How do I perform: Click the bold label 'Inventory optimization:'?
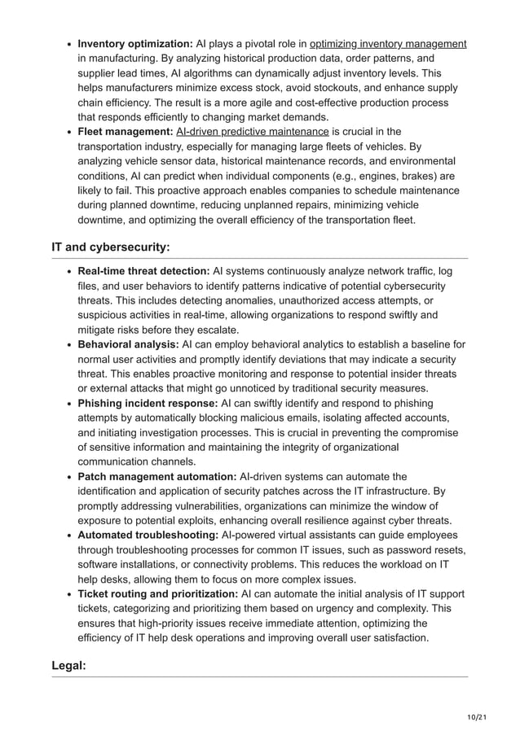coord(134,44)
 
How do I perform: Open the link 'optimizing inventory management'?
coord(388,44)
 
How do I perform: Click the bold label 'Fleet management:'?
coord(125,132)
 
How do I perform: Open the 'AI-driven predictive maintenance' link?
coord(253,132)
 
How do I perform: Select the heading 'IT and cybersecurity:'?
coord(111,247)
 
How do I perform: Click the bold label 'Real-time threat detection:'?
coord(143,271)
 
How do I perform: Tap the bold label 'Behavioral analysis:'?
coord(128,344)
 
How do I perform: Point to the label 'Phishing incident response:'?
coord(148,403)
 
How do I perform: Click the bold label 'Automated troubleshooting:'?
coord(148,535)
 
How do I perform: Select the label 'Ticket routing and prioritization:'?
coord(157,594)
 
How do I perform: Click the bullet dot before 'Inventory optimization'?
coord(69,44)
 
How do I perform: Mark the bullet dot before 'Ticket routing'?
coord(69,594)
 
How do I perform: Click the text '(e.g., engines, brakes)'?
coord(372,176)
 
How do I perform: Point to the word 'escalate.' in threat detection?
coord(214,330)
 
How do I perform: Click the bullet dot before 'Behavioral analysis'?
coord(69,344)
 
